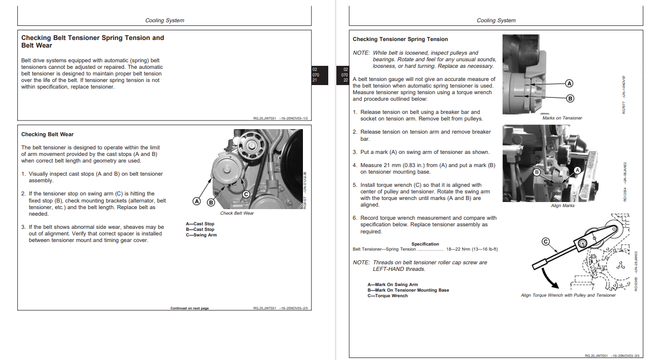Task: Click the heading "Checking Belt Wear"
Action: point(47,134)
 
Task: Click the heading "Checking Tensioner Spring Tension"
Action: point(400,39)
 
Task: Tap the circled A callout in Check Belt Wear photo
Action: point(197,202)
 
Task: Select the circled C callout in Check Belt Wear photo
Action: point(246,194)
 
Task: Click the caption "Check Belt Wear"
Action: point(237,213)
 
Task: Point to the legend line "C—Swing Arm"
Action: point(201,235)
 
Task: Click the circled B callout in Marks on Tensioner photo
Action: point(569,98)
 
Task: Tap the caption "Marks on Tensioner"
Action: point(562,118)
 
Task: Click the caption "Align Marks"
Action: point(563,206)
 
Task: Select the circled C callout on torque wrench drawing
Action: point(546,242)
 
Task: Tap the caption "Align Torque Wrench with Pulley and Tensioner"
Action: point(568,295)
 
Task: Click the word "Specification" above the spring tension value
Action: point(425,244)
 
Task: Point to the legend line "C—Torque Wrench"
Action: point(388,296)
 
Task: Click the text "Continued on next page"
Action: point(189,308)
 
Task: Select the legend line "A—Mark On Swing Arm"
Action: point(393,285)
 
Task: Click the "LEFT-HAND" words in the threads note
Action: point(389,269)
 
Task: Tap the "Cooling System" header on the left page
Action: point(165,21)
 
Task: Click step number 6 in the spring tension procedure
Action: point(355,218)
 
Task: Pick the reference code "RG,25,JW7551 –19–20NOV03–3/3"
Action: point(612,356)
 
